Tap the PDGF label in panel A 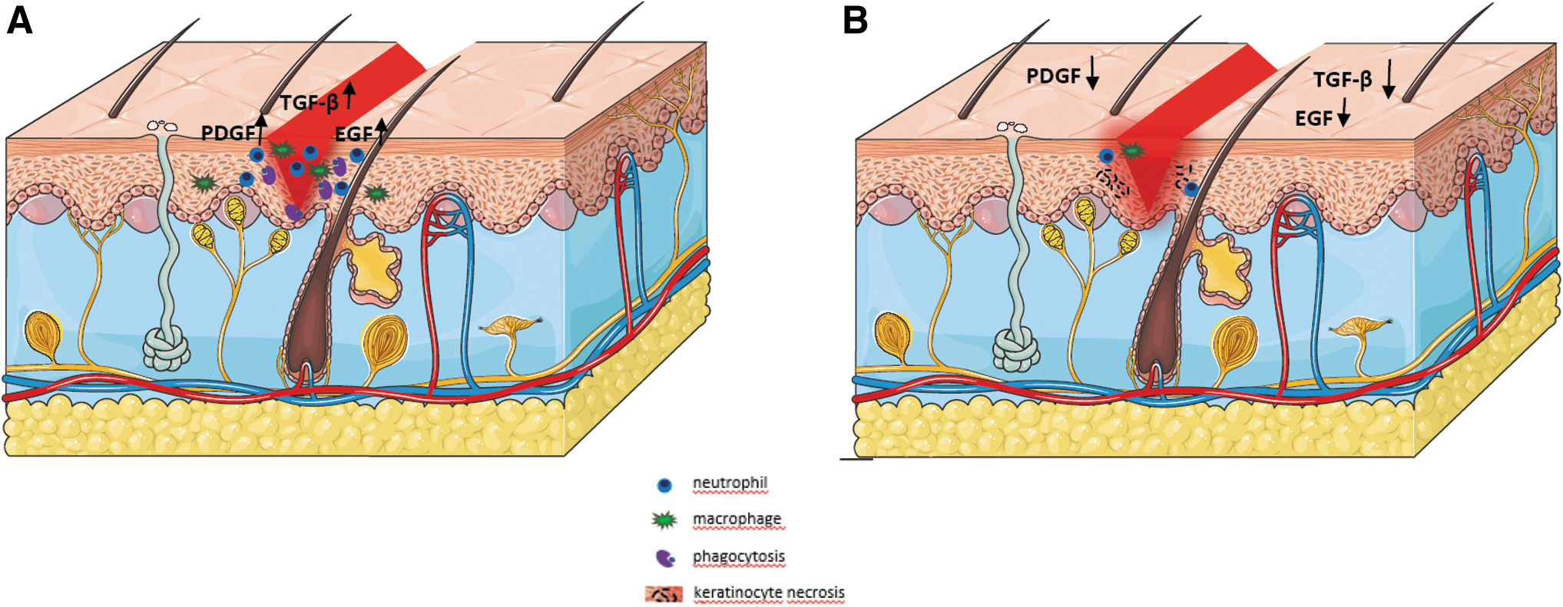227,133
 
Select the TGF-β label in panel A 309,102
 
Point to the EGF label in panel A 354,134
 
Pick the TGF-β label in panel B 1343,80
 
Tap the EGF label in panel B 1314,118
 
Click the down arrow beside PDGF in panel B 1091,74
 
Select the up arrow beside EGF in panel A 381,131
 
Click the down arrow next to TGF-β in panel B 1388,80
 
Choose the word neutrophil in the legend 730,483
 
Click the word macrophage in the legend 737,519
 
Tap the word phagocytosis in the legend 739,556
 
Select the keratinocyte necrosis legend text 769,592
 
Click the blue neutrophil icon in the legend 664,485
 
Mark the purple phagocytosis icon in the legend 665,558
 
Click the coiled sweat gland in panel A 167,349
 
